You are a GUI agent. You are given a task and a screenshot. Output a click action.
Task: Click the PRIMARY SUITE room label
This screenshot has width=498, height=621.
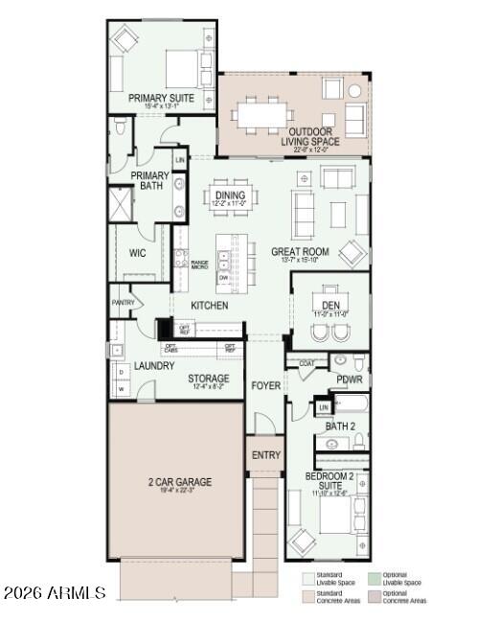(x=162, y=98)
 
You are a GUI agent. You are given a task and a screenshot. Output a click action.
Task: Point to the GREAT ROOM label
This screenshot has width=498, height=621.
(x=299, y=252)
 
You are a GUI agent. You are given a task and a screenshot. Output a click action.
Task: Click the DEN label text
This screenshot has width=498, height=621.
(x=330, y=306)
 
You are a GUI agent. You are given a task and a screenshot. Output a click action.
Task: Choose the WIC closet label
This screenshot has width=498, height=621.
(x=137, y=253)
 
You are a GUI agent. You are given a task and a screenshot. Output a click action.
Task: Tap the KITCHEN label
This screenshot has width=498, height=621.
(x=209, y=306)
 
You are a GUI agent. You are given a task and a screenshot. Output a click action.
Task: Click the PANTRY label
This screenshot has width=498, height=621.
(x=123, y=303)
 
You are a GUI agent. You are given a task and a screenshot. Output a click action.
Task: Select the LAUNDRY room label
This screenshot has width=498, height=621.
(x=154, y=365)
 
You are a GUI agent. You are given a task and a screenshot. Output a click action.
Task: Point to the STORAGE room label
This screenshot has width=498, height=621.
(x=208, y=379)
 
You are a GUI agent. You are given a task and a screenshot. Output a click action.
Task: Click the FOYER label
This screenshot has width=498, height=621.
(x=265, y=385)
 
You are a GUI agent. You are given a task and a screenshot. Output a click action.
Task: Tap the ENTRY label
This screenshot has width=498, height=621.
(x=265, y=455)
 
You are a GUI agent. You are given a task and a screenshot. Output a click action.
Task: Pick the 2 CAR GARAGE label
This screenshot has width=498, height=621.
(x=179, y=481)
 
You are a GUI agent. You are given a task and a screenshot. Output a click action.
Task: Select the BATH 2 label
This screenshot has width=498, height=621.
(x=339, y=425)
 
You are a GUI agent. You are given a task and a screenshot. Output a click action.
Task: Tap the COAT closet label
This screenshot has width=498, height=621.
(x=306, y=363)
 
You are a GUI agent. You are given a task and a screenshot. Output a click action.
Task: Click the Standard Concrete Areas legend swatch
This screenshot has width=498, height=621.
(x=308, y=596)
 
